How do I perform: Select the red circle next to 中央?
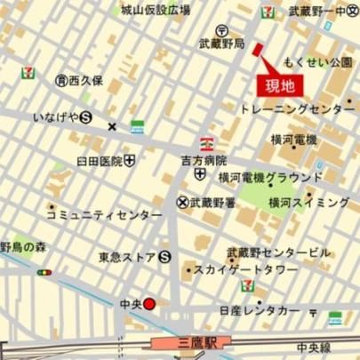click(149, 304)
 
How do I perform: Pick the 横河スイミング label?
click(309, 203)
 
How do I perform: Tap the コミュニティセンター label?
click(103, 216)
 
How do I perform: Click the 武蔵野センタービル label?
click(277, 252)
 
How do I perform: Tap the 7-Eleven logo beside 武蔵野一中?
click(268, 12)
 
